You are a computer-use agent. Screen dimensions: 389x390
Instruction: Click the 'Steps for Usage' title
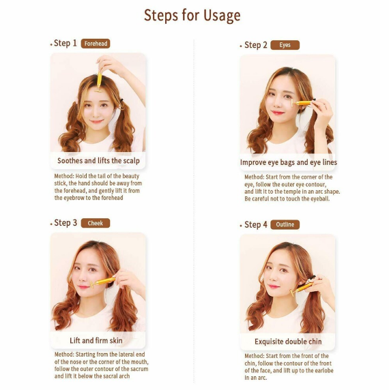(x=192, y=16)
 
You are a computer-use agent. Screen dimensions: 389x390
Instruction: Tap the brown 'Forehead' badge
(x=96, y=44)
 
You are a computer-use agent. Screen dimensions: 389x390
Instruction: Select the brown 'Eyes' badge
(x=285, y=45)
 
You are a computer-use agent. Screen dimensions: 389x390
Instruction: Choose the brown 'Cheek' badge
(x=96, y=223)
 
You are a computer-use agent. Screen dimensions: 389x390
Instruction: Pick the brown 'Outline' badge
(x=285, y=224)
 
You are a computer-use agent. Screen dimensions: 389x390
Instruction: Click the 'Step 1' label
(x=66, y=43)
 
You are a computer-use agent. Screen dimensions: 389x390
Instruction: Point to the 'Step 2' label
(x=256, y=45)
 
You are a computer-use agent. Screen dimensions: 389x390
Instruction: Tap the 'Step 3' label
(x=66, y=223)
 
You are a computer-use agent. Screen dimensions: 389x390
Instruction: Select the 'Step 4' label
(x=256, y=224)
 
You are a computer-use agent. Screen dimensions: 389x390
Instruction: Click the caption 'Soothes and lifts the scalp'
(x=98, y=161)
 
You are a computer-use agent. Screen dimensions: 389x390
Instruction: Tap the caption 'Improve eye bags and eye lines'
(x=289, y=162)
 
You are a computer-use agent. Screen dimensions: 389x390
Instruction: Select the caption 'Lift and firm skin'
(x=96, y=340)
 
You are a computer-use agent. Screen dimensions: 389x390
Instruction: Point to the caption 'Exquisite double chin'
(x=288, y=342)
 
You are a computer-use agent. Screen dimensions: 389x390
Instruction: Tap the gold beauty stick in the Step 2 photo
(x=302, y=103)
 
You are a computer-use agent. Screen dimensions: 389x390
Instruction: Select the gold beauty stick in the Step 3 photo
(x=102, y=282)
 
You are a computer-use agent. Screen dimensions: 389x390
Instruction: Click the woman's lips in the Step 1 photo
(x=96, y=121)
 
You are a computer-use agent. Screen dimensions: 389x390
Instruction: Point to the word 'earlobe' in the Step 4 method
(x=323, y=371)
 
